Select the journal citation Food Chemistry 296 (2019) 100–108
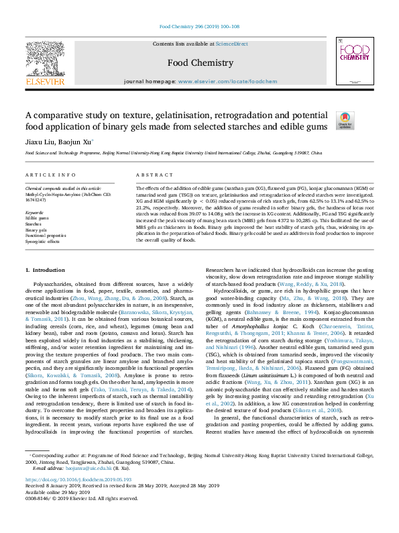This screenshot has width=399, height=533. click(199, 27)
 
